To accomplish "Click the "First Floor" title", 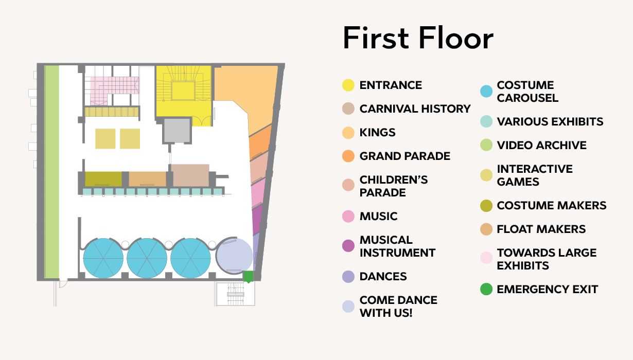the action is tap(418, 38).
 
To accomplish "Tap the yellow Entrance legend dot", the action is tap(348, 85).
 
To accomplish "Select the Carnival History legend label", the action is tap(415, 109).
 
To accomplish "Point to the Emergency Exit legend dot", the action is tap(486, 289).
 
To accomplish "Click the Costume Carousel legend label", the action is tap(527, 92).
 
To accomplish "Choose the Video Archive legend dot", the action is tap(486, 145).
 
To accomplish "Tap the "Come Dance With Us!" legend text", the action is tap(398, 307).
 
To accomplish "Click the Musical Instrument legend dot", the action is tap(348, 246).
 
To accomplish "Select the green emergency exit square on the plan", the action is tap(249, 276).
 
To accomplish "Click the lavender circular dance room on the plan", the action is tap(235, 256).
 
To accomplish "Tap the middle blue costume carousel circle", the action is tap(147, 258).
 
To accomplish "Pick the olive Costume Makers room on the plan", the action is tap(103, 179).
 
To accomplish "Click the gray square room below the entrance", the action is tap(177, 131).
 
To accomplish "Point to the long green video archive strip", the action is tap(51, 172).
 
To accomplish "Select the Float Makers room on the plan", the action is tap(148, 179).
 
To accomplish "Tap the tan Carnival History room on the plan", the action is tap(190, 175).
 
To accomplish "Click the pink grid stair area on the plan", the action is tap(113, 88).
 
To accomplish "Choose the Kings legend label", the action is tap(377, 132).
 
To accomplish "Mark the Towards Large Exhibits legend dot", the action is tap(486, 258).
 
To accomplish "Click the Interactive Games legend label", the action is tap(535, 175).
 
